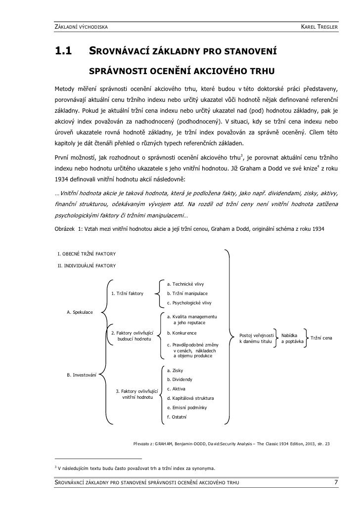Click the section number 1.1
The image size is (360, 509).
point(63,51)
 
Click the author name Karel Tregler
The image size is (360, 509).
point(319,25)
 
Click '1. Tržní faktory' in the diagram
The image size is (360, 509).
point(128,294)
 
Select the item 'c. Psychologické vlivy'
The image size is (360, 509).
point(189,303)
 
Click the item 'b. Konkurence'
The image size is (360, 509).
point(182,333)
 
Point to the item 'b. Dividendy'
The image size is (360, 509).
point(180,380)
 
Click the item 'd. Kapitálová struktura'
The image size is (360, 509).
point(191,398)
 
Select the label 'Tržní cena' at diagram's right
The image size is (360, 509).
point(320,338)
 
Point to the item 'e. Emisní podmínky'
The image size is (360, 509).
point(187,408)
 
